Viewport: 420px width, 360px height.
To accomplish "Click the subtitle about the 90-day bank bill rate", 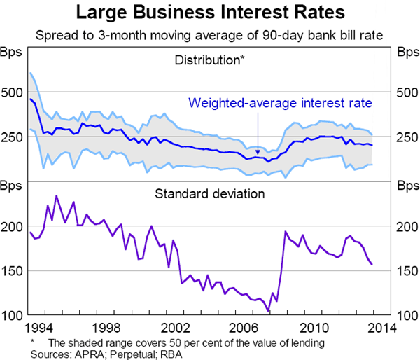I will click(x=210, y=33).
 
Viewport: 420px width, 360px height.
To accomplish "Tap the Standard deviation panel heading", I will click(x=209, y=192).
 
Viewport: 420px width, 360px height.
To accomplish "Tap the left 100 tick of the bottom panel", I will click(x=13, y=315).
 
